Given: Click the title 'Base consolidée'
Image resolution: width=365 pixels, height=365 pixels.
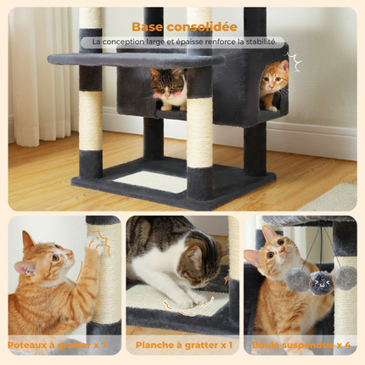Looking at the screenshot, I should pyautogui.click(x=182, y=25).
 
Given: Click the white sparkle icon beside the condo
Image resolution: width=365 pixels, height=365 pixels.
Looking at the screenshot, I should pyautogui.click(x=295, y=62).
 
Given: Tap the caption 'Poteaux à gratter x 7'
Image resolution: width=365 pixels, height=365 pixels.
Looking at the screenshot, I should pyautogui.click(x=58, y=345).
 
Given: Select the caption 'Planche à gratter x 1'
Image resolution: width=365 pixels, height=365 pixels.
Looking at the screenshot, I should pyautogui.click(x=182, y=345).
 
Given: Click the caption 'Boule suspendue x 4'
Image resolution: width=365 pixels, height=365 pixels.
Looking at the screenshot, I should pyautogui.click(x=303, y=345).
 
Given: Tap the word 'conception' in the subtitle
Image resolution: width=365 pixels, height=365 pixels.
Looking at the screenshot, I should pyautogui.click(x=129, y=41).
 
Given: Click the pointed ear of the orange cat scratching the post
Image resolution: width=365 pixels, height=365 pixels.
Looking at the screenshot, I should pyautogui.click(x=28, y=240).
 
